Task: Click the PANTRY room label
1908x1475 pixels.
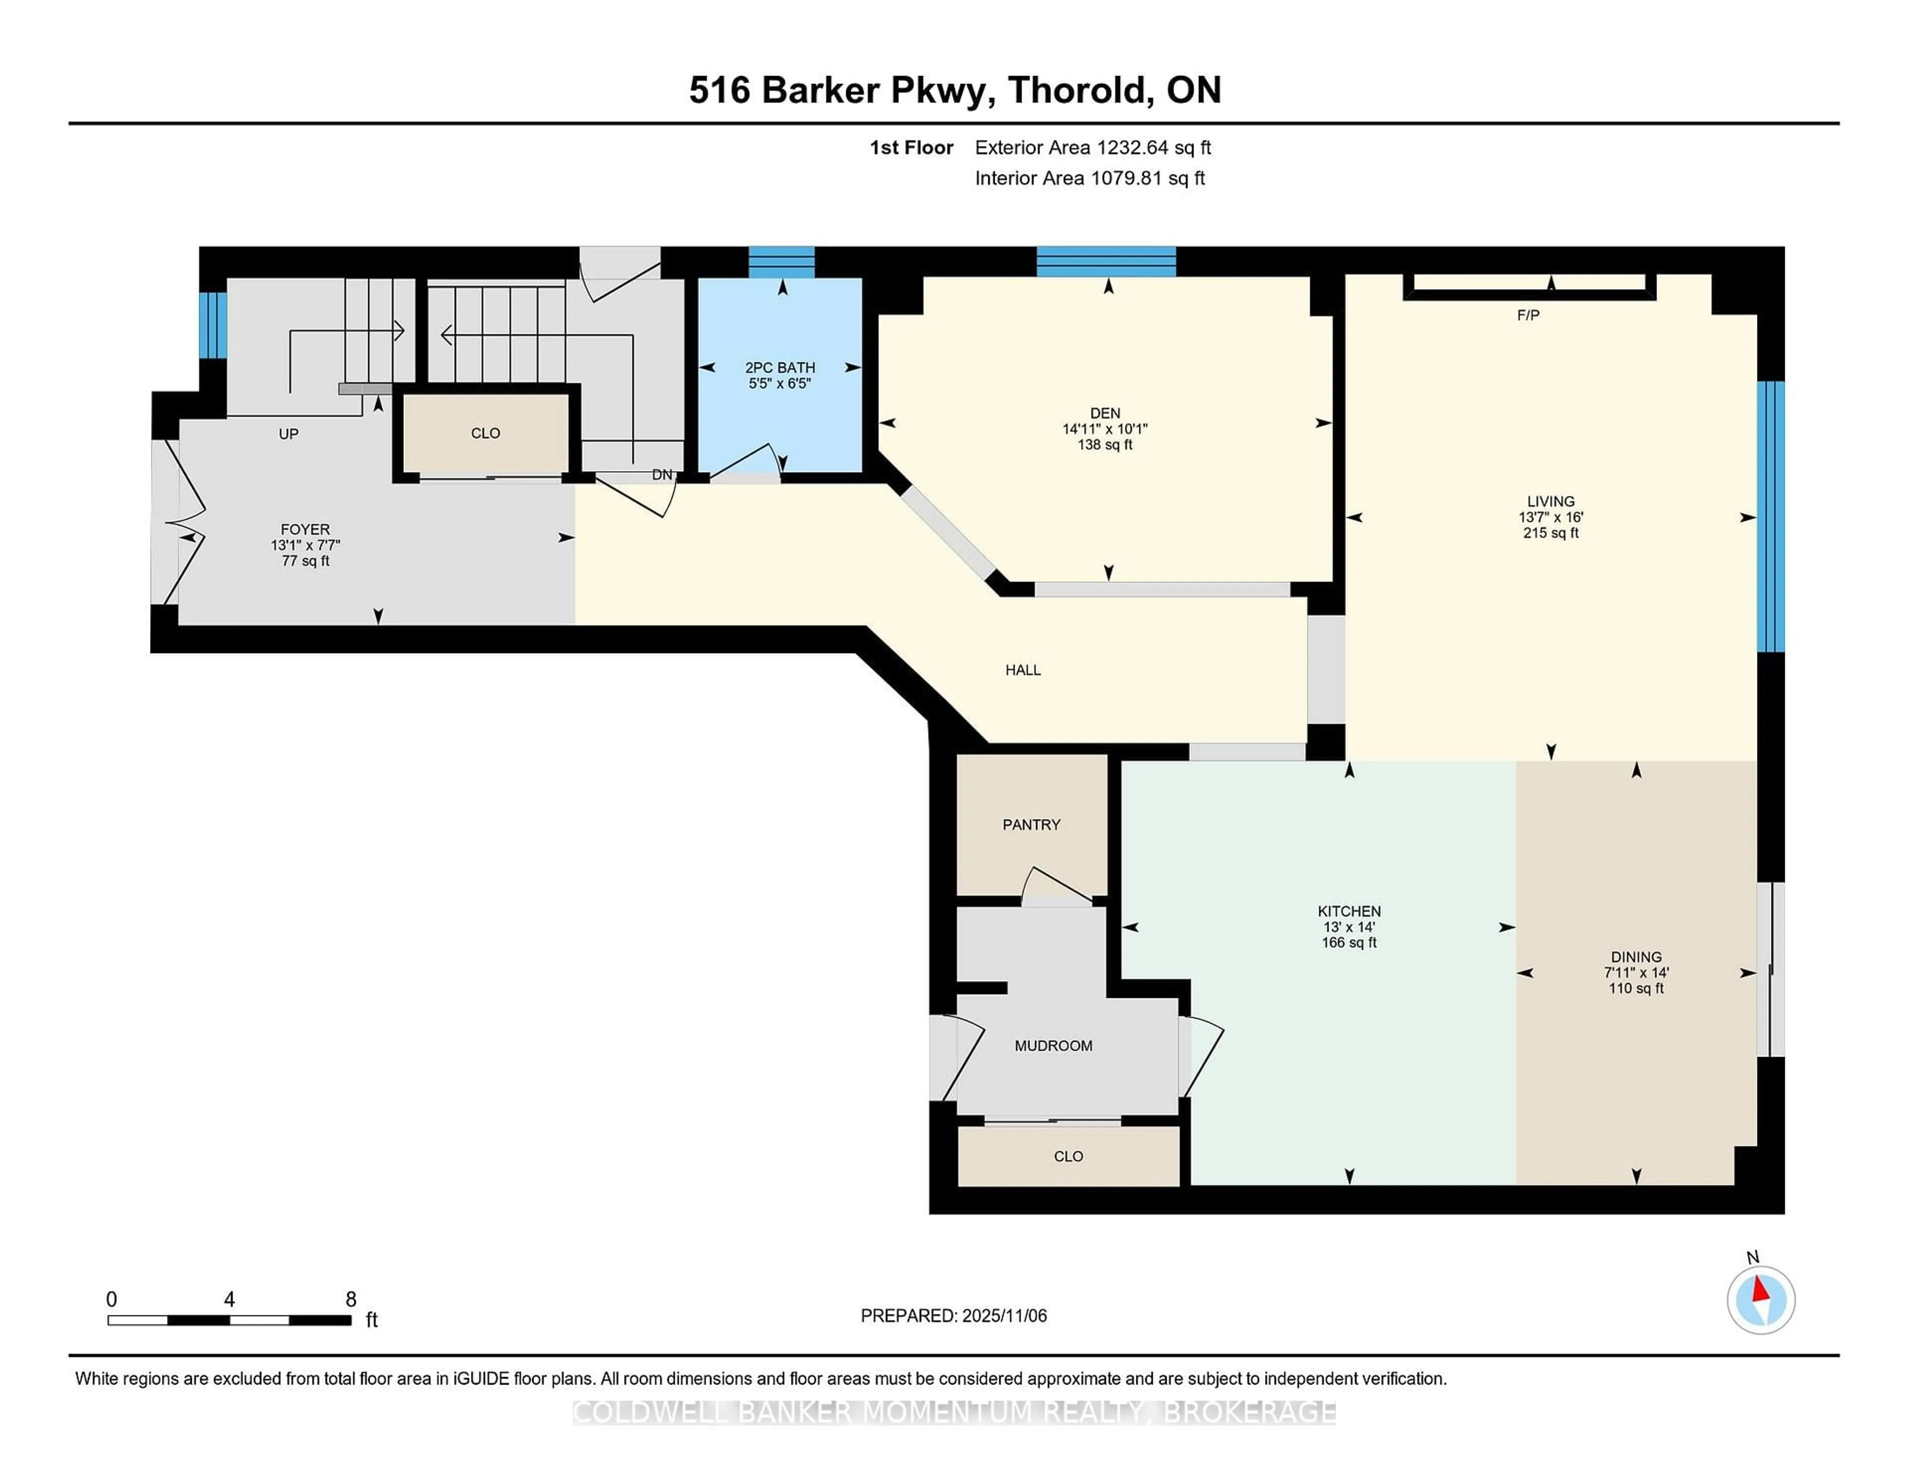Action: (1031, 824)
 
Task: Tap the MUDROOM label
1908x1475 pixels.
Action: (1053, 1045)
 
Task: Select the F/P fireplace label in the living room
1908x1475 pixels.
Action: (1528, 315)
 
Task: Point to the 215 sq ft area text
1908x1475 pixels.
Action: (1551, 533)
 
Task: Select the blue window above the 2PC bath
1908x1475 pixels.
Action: (781, 262)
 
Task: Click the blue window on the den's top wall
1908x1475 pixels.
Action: (1106, 261)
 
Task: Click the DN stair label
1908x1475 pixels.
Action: (662, 475)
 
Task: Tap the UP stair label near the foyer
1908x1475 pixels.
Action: (288, 433)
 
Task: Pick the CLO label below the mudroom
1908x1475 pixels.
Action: (1068, 1156)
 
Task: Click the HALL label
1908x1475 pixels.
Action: (1022, 670)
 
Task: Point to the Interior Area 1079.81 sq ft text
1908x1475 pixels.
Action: (1090, 178)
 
